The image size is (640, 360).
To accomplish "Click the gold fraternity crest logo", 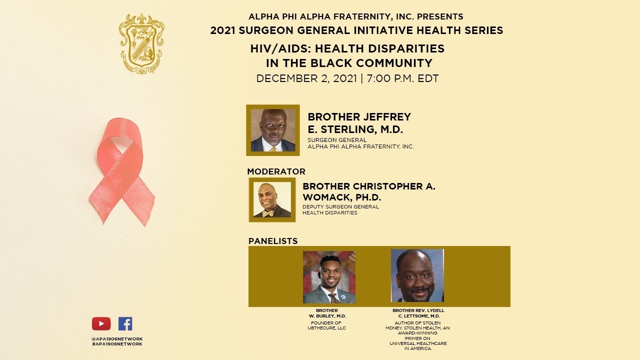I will tap(142, 43).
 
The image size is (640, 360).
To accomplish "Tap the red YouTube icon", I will tap(101, 324).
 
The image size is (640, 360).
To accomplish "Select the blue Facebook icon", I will tap(125, 324).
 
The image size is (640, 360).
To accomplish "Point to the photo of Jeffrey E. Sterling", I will tap(272, 130).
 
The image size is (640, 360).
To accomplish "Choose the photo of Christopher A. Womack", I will tap(272, 199).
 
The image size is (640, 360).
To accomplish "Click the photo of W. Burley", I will tap(329, 277).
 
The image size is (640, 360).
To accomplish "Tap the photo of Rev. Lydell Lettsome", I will tap(417, 275).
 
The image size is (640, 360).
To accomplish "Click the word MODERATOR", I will tap(276, 171).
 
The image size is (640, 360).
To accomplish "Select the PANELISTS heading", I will tap(273, 241).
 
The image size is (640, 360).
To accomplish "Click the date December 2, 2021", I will tap(306, 78).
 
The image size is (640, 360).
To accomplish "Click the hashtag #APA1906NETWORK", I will tap(117, 344).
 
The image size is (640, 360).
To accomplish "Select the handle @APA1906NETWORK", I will tap(117, 339).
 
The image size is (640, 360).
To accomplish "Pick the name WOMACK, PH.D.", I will tap(342, 197).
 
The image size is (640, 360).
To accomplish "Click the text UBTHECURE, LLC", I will tap(326, 328).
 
